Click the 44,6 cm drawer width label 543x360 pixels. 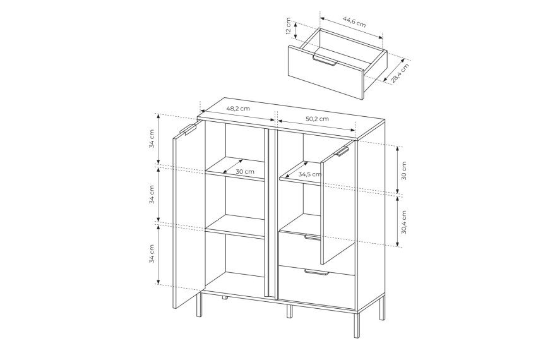click(x=354, y=22)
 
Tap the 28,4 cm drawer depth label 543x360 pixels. click(x=400, y=73)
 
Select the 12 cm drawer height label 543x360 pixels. click(x=288, y=27)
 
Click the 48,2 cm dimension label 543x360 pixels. click(x=238, y=108)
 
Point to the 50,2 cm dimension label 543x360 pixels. click(x=317, y=119)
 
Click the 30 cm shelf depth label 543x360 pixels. click(x=245, y=172)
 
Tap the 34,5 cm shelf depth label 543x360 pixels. click(x=310, y=174)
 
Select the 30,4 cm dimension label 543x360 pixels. click(x=404, y=222)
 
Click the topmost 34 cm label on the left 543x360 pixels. click(x=152, y=139)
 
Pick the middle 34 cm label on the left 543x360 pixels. click(x=152, y=195)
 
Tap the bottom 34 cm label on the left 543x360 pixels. click(x=152, y=254)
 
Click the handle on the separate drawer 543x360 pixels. click(x=325, y=60)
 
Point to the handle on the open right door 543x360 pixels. click(x=341, y=152)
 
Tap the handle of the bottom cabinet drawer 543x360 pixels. click(x=316, y=272)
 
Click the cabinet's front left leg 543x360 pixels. click(x=199, y=304)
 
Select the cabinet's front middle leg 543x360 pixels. click(x=290, y=311)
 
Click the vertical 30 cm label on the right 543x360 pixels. click(x=404, y=171)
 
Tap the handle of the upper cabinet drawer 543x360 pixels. click(x=313, y=237)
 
